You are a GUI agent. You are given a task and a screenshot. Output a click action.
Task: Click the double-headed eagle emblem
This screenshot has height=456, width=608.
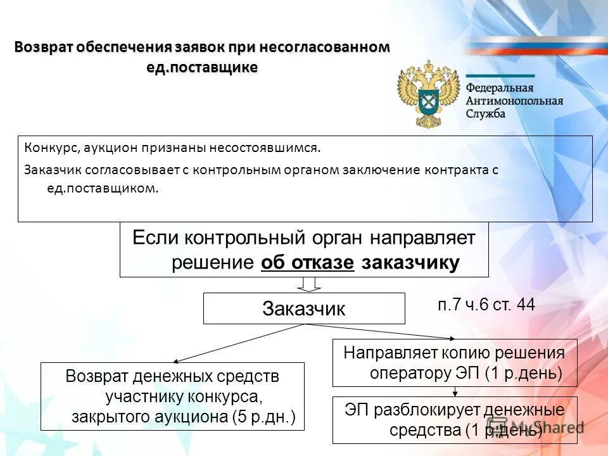428,94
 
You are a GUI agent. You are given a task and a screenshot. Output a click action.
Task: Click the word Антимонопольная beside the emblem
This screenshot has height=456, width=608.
514,101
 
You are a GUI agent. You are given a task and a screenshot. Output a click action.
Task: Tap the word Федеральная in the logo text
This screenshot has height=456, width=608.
500,88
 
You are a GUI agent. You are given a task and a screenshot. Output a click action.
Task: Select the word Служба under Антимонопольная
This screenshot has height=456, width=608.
486,113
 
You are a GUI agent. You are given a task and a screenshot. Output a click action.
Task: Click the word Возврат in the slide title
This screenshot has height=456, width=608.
44,48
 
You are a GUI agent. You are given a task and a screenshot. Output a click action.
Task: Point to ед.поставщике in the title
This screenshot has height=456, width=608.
202,67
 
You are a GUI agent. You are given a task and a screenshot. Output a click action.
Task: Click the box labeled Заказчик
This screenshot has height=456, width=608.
303,308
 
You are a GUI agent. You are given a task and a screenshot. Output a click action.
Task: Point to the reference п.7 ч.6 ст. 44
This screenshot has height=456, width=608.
486,305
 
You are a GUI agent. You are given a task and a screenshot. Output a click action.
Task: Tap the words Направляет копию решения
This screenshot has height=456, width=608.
453,352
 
